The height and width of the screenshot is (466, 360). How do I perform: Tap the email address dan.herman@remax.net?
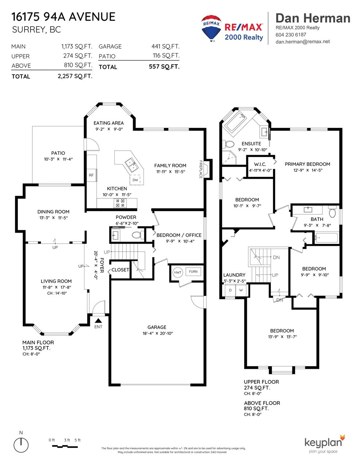tap(302, 42)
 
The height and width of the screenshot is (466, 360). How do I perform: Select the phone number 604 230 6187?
tap(291, 35)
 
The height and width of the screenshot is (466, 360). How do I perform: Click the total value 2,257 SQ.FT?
tap(75, 76)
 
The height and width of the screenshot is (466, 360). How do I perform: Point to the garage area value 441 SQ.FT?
tap(165, 46)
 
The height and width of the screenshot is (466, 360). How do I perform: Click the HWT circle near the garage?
tap(178, 272)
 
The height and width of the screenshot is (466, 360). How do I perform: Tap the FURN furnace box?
tap(193, 272)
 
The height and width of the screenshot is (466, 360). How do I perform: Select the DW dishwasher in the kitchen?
tap(135, 180)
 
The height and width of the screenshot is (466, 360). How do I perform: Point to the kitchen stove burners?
tap(120, 203)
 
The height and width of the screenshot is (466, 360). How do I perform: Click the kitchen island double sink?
tap(131, 165)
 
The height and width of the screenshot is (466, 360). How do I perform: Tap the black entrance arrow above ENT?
tap(98, 321)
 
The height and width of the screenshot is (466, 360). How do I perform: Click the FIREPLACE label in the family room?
tap(201, 169)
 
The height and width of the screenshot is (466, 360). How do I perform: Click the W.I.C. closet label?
tap(260, 165)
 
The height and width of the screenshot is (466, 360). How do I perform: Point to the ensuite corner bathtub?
tap(236, 122)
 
